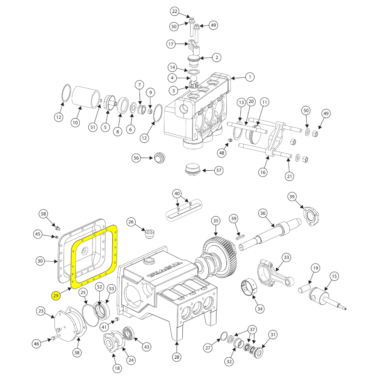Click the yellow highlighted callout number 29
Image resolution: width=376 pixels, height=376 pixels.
[x=56, y=296]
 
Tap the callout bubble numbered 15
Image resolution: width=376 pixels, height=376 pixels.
[x=334, y=277]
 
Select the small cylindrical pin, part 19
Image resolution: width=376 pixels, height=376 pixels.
[x=305, y=291]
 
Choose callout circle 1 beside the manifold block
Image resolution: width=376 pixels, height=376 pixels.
[x=249, y=77]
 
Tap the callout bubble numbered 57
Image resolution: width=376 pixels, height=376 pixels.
[x=219, y=171]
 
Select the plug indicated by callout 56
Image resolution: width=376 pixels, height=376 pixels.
[x=159, y=158]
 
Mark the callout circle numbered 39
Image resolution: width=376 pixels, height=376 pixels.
[x=292, y=197]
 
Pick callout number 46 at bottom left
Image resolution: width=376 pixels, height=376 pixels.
[x=36, y=343]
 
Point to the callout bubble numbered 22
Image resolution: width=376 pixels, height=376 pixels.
[x=174, y=12]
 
